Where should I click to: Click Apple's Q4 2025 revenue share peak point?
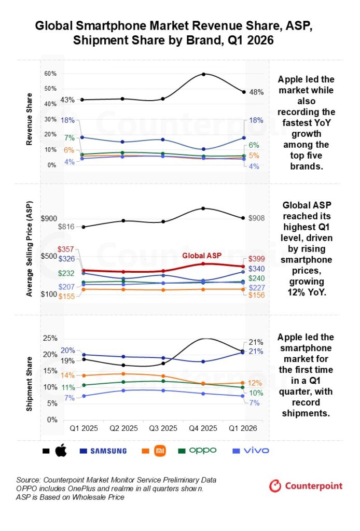click(203, 74)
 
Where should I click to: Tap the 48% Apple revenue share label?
click(256, 92)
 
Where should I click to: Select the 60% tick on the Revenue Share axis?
click(50, 74)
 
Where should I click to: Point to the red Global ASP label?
click(202, 256)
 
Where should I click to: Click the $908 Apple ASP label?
click(256, 218)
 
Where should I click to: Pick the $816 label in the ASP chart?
click(66, 227)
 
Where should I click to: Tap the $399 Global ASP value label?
click(256, 259)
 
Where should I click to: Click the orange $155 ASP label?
click(67, 296)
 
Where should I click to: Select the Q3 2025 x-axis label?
click(163, 428)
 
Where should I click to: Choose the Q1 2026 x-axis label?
click(243, 428)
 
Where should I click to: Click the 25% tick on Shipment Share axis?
click(50, 338)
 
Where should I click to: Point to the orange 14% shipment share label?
click(68, 375)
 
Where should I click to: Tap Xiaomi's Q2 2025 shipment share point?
click(123, 374)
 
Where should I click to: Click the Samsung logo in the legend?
click(108, 451)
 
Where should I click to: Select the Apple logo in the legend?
click(61, 451)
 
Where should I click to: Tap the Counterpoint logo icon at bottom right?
click(275, 486)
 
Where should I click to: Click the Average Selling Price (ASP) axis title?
click(30, 249)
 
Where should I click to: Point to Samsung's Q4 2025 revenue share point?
click(203, 149)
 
